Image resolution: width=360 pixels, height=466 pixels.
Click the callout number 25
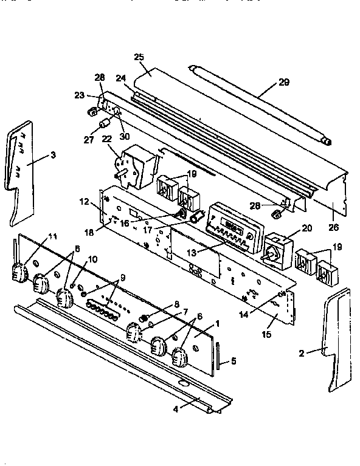pos(138,58)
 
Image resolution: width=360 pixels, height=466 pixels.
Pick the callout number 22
pos(107,140)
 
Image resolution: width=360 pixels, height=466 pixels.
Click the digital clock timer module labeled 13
pos(230,226)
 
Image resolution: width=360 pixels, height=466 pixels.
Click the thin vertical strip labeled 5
pos(217,359)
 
